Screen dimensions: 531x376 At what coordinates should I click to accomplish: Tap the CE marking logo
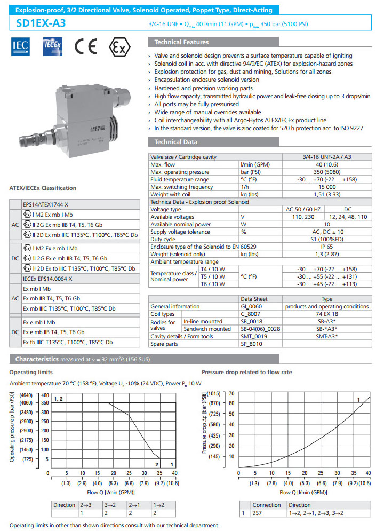[85, 47]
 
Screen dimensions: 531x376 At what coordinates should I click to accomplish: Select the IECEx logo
[53, 47]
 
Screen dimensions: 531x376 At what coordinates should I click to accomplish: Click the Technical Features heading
[181, 42]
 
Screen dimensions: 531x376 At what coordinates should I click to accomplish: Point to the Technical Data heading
[175, 142]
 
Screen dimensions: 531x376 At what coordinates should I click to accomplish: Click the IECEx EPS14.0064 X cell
[47, 278]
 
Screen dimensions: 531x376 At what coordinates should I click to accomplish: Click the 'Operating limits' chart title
[30, 371]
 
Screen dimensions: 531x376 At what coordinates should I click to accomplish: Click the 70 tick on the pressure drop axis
[231, 393]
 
